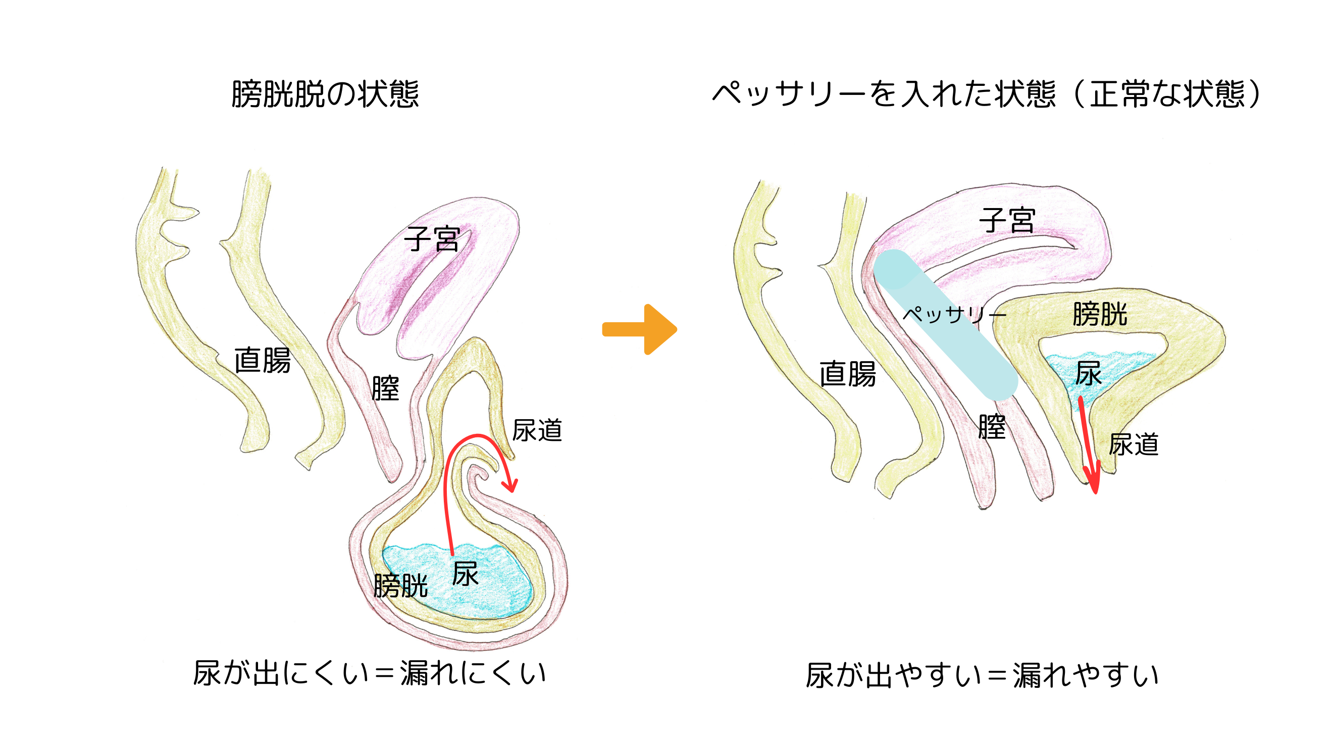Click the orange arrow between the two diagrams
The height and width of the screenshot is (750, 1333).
(640, 330)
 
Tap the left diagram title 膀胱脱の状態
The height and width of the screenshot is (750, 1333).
(325, 94)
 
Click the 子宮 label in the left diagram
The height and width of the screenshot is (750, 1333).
(432, 239)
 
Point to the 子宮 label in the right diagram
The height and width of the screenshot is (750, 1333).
(1007, 221)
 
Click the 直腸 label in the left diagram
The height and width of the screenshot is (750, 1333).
(263, 360)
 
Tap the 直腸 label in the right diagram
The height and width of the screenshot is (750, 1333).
(848, 374)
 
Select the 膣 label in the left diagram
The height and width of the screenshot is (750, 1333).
(386, 388)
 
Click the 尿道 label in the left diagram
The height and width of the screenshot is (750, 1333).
(537, 431)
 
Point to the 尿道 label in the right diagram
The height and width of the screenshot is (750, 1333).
(1133, 444)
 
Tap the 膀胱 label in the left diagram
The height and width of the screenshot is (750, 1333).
(400, 586)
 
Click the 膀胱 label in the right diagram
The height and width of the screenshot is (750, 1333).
(1100, 314)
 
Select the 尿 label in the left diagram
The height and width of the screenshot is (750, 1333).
(465, 574)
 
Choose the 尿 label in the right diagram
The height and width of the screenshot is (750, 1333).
(1088, 373)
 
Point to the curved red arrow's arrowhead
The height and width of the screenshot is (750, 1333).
(511, 486)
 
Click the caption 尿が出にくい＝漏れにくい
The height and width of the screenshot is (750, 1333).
(370, 673)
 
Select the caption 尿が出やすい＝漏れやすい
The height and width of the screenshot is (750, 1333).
(982, 675)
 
